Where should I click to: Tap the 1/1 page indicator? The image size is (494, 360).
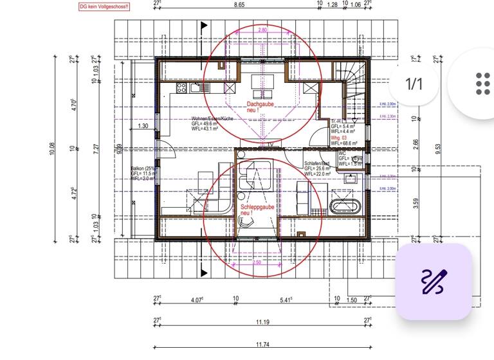pos(414,84)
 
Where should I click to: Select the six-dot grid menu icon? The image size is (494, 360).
pos(482,84)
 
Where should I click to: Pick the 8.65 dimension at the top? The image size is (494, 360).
pos(239,4)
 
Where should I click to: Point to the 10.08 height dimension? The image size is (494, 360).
pos(53,149)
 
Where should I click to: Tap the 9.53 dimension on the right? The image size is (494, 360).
pos(438,149)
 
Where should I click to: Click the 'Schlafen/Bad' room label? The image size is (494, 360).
pos(317,164)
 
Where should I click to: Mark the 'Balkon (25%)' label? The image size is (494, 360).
pos(143,168)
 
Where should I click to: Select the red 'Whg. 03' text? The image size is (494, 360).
pos(338,137)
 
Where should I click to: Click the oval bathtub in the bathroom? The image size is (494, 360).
pos(346,207)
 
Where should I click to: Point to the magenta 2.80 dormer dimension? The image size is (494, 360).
pos(262,30)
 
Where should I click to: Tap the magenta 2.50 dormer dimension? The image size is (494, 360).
pos(257,262)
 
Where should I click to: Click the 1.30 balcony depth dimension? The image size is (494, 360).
pos(143,126)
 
